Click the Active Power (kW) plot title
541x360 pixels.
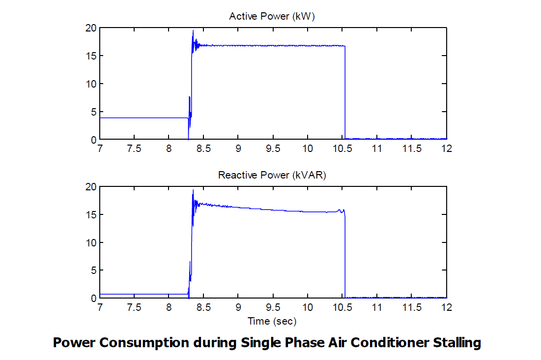[x=272, y=16]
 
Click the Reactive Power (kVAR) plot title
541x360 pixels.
[x=272, y=175]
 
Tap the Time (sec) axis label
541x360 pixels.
[x=272, y=321]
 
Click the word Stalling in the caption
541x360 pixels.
[x=456, y=342]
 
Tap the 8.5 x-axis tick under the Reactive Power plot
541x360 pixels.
[x=203, y=307]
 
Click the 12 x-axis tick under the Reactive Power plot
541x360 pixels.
[x=446, y=307]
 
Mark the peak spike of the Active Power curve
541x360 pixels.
[x=193, y=30]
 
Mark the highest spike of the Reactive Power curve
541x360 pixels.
[x=193, y=190]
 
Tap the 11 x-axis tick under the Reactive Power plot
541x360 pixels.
[x=377, y=307]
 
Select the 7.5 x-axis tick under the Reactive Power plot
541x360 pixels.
[x=134, y=307]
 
